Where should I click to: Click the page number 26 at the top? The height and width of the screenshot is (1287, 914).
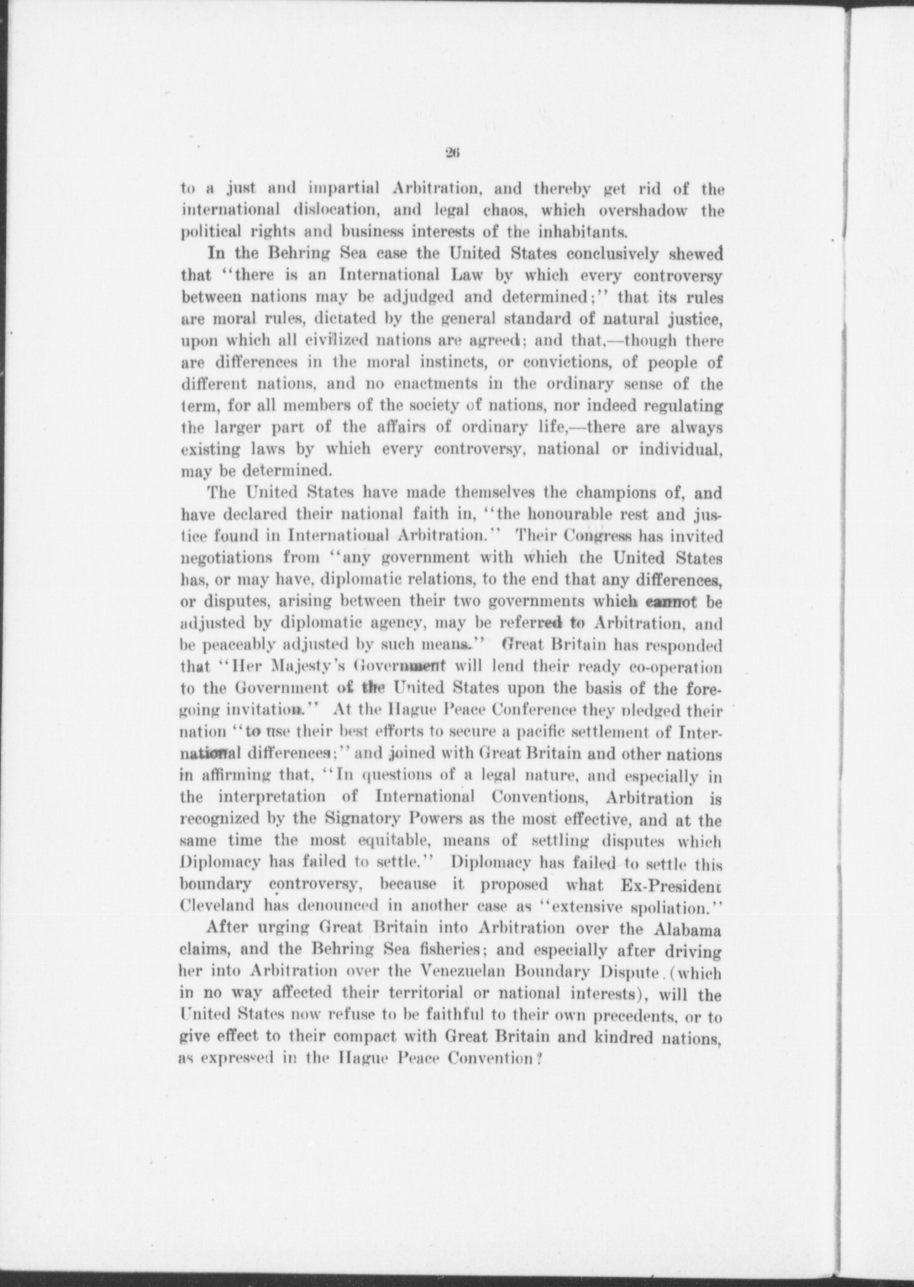(455, 154)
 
